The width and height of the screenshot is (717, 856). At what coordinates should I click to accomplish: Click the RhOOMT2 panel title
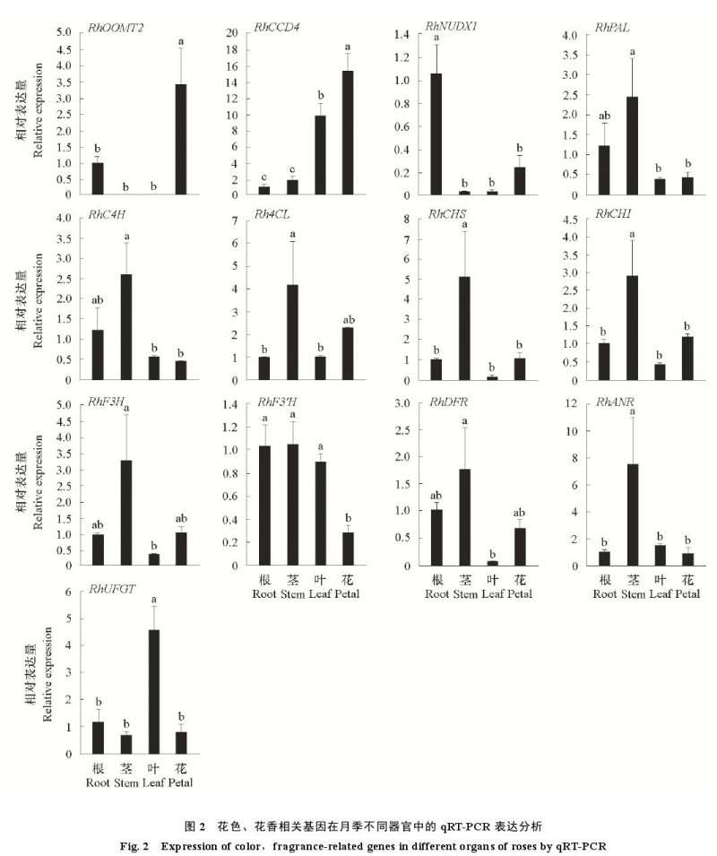coord(117,28)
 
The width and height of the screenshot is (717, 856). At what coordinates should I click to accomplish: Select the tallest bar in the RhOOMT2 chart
coord(181,139)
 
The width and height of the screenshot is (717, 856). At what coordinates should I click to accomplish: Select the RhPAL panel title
coord(612,28)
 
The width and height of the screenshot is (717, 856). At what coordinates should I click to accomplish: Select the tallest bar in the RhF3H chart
coord(125,513)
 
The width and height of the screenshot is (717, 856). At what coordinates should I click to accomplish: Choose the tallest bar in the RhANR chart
coord(634,514)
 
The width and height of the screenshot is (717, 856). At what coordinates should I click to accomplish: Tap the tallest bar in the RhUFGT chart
coord(153,692)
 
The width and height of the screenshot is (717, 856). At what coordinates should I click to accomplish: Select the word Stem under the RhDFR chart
coord(465,594)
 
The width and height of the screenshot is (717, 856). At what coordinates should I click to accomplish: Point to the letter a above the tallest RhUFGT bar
coord(153,599)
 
